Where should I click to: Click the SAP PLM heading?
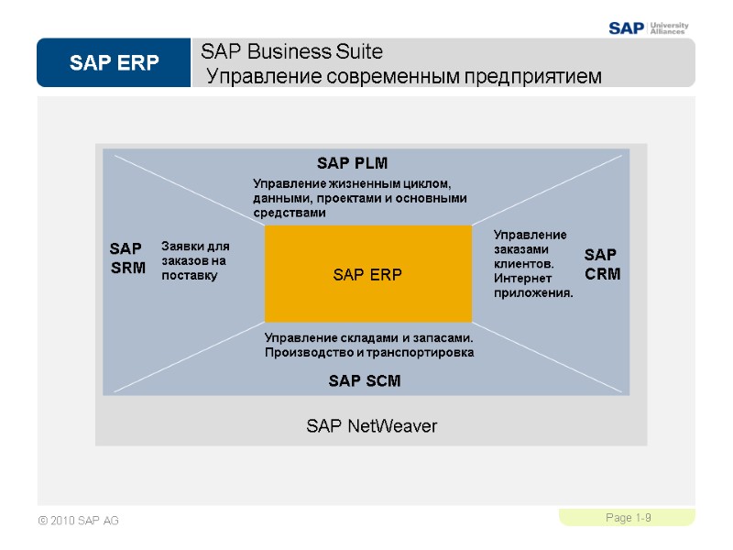pos(353,163)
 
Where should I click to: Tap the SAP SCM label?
pos(365,380)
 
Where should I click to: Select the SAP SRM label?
pos(127,258)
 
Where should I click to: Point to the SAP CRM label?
pos(602,263)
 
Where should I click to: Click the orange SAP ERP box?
pos(367,274)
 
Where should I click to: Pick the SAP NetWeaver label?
pos(371,426)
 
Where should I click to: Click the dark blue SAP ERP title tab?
pos(114,63)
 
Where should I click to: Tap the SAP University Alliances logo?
pos(649,27)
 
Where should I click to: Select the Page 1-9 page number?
pos(628,519)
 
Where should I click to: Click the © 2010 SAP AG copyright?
pos(79,522)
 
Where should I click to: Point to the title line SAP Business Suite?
pos(291,50)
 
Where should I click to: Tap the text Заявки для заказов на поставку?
pos(195,260)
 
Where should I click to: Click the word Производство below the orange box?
pos(307,352)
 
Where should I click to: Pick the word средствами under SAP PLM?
pos(289,213)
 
